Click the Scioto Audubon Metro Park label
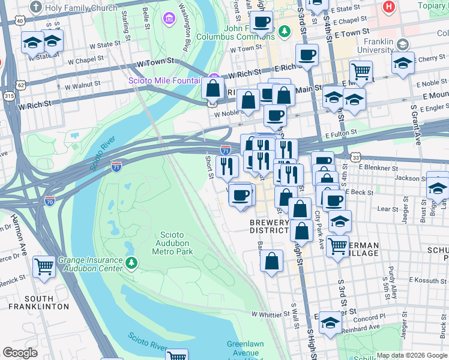pyautogui.click(x=176, y=243)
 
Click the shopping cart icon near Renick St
pyautogui.click(x=44, y=266)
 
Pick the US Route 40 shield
pyautogui.click(x=20, y=20)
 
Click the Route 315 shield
pyautogui.click(x=8, y=96)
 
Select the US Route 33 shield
pyautogui.click(x=356, y=157)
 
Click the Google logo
pyautogui.click(x=20, y=353)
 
